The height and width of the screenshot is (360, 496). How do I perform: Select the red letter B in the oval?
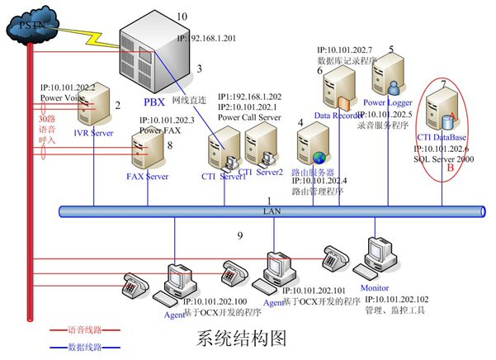(x=449, y=168)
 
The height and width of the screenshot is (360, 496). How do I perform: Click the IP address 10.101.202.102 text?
(x=399, y=298)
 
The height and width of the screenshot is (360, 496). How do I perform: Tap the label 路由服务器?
(x=314, y=172)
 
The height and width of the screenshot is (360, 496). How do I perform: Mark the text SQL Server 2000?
(x=444, y=158)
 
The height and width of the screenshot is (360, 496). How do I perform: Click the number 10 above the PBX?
(x=182, y=17)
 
